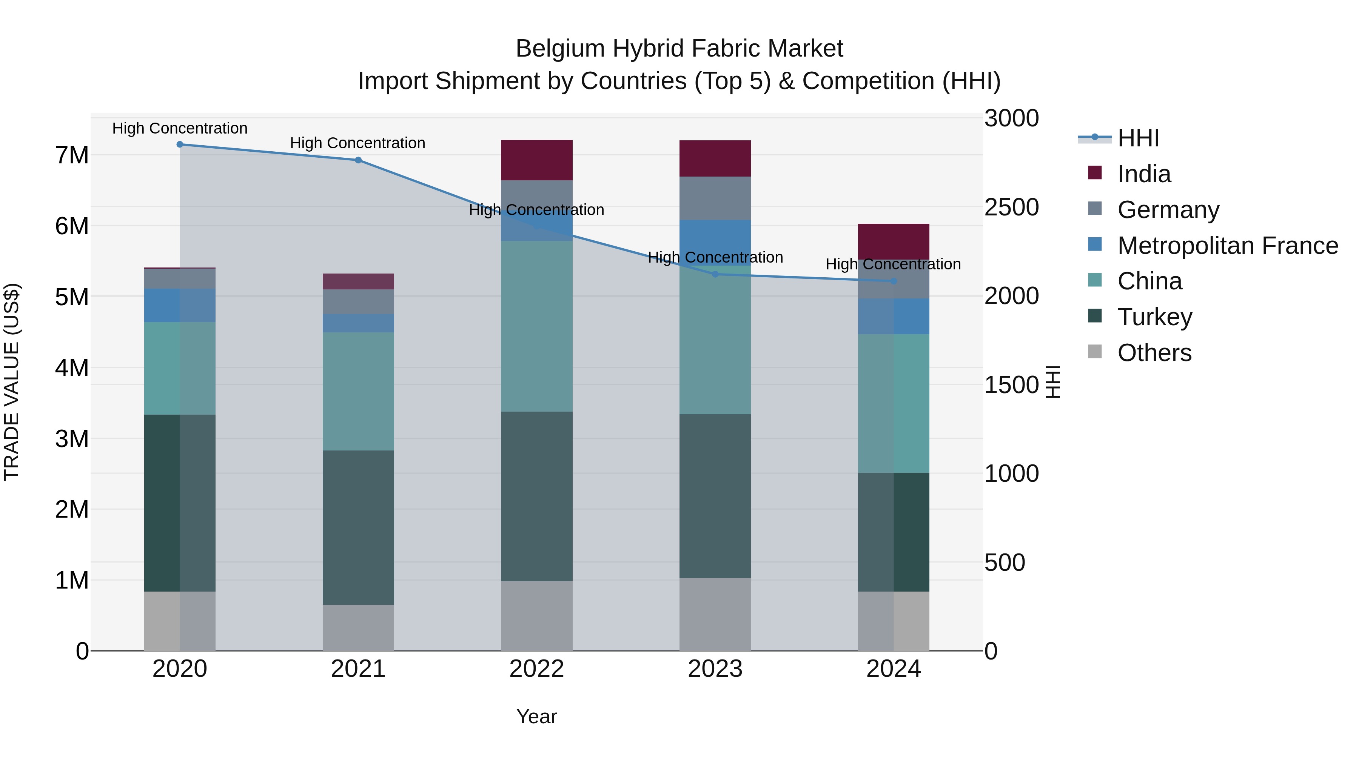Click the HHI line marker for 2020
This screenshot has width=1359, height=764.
tap(180, 144)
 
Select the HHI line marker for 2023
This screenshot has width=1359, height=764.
tap(715, 274)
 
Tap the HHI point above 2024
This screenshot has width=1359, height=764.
tap(893, 281)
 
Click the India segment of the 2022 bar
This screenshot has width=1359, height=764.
tap(536, 160)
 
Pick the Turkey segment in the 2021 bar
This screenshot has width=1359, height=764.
tap(358, 527)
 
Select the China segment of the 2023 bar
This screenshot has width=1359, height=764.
tap(715, 343)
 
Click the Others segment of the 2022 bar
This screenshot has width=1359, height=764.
tap(536, 615)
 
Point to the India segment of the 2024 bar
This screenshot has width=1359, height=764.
tap(893, 241)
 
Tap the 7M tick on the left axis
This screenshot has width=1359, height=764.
tap(72, 155)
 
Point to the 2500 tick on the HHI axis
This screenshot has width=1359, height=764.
tap(1011, 207)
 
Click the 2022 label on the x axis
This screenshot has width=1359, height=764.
tap(536, 669)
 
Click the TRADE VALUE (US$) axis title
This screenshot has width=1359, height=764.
tap(12, 382)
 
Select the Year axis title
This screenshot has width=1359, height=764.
tap(536, 716)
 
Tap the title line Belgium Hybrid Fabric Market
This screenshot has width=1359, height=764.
tap(679, 49)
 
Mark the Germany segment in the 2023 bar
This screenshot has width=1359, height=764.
tap(715, 198)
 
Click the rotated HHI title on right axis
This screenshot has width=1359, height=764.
tap(1053, 382)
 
